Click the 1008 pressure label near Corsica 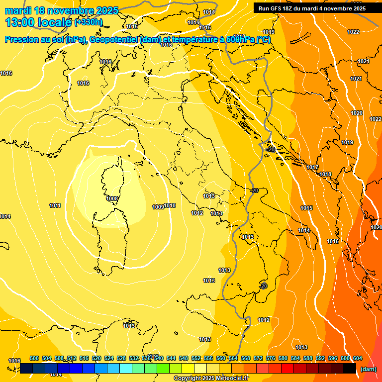[x=112, y=198]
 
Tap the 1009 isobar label [x=158, y=207]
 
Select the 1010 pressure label [x=170, y=205]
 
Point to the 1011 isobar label [x=55, y=205]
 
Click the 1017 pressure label [x=312, y=168]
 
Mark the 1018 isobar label [x=325, y=175]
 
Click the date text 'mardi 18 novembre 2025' [x=62, y=10]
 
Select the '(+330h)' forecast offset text [x=89, y=22]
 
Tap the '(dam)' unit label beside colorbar [x=368, y=369]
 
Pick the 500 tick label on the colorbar [x=34, y=358]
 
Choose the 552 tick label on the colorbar [x=196, y=358]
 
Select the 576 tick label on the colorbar [x=271, y=358]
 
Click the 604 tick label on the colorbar [x=358, y=358]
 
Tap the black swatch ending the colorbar [x=350, y=368]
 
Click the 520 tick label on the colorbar [x=96, y=358]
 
